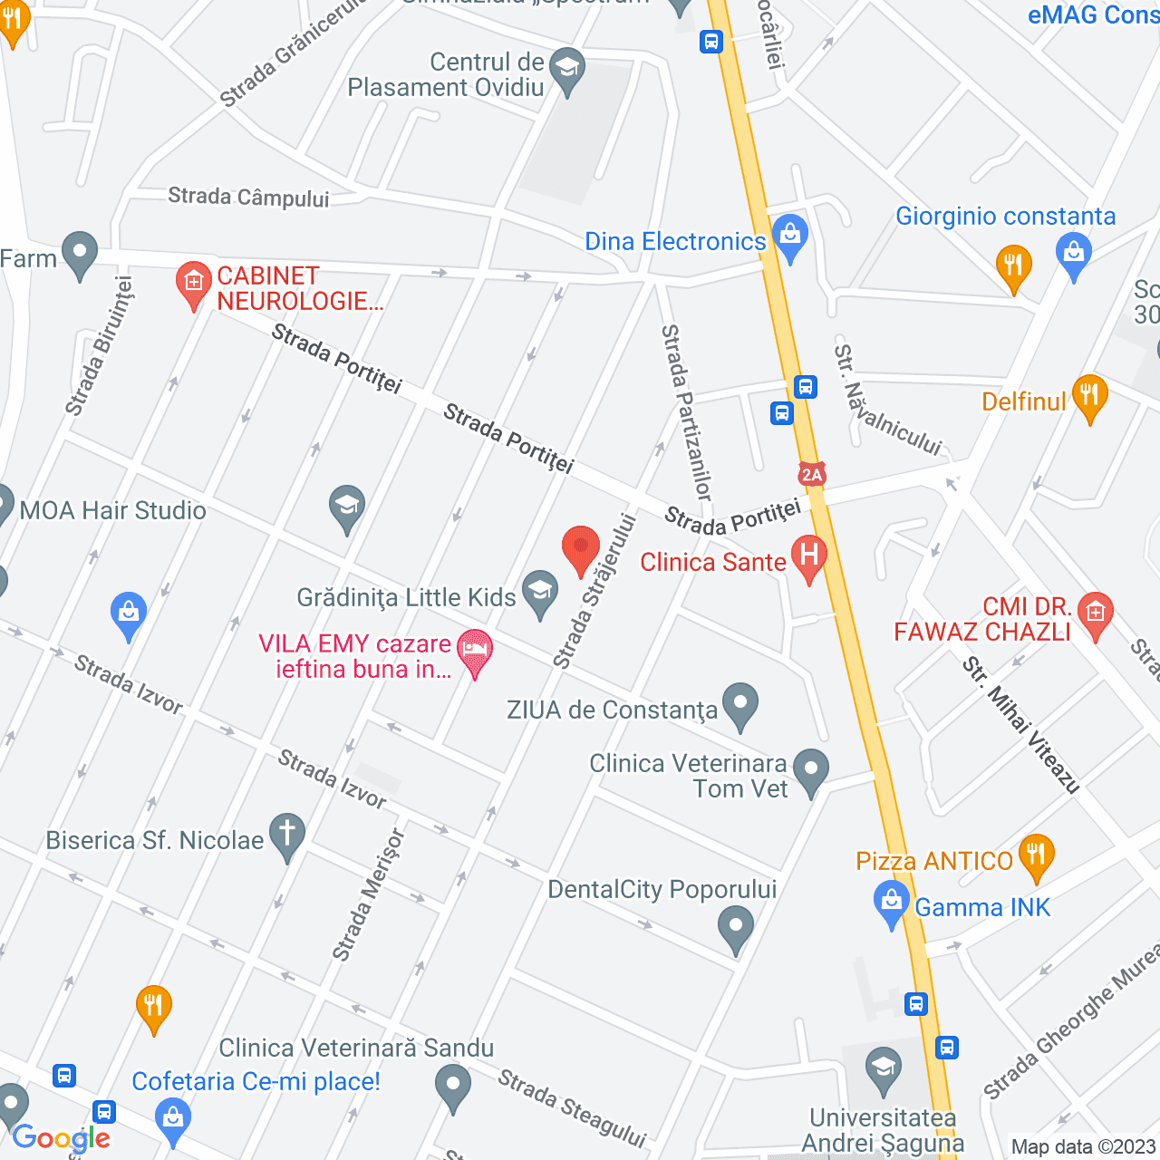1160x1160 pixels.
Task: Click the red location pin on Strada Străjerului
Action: point(581,548)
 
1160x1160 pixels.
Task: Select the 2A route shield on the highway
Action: point(811,474)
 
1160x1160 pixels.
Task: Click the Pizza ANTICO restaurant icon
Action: point(1036,855)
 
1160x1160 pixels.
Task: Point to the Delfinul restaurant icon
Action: point(1089,396)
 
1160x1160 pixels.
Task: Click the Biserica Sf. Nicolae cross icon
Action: point(287,835)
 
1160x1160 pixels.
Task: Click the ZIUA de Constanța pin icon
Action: point(740,704)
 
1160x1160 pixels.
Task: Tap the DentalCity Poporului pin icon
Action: point(735,929)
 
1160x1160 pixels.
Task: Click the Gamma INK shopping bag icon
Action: point(892,904)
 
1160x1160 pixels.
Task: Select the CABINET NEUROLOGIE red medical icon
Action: point(193,284)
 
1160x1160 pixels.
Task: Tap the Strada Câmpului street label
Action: point(248,197)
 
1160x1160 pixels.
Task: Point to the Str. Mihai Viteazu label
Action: point(1021,725)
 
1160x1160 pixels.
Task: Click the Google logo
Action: point(62,1139)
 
